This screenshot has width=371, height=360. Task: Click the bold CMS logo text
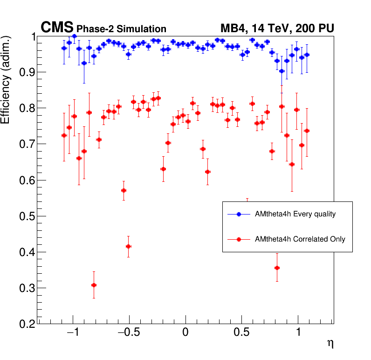57,28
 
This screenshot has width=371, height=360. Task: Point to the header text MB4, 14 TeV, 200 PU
277,29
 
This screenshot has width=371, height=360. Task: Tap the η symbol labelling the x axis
330,344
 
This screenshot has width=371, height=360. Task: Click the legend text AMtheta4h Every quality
295,215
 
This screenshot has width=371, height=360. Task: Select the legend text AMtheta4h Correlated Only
300,239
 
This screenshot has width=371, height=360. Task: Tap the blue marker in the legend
239,215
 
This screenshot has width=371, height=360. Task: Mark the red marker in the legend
239,239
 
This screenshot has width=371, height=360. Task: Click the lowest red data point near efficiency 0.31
94,285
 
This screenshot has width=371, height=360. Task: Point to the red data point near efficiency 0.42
128,246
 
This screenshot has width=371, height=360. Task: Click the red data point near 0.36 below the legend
277,268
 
